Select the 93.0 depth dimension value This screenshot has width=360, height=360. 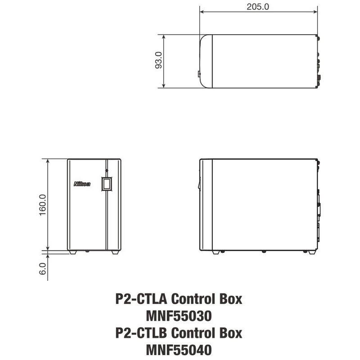click(x=158, y=60)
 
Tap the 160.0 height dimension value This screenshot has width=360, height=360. click(x=43, y=205)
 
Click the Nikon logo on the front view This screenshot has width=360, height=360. click(x=82, y=184)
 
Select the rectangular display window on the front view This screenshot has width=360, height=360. click(x=107, y=184)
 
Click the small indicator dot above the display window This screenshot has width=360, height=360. click(x=107, y=171)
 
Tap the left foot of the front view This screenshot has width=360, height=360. click(x=72, y=252)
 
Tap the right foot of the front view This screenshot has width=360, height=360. click(x=115, y=252)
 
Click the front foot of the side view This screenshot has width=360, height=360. click(x=216, y=252)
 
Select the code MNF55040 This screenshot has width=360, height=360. click(x=179, y=349)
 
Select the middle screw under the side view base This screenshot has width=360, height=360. click(x=264, y=251)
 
